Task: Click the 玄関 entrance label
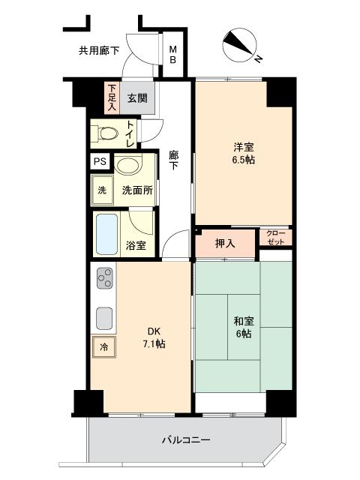click(x=136, y=97)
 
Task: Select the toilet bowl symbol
click(x=106, y=134)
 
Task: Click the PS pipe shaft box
click(x=99, y=161)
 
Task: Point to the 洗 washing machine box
click(x=102, y=190)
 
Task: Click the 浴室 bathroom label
click(x=136, y=245)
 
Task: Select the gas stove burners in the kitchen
click(x=103, y=279)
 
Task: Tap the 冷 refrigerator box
click(x=103, y=347)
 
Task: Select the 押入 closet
click(x=225, y=243)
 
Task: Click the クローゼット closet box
click(x=275, y=237)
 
